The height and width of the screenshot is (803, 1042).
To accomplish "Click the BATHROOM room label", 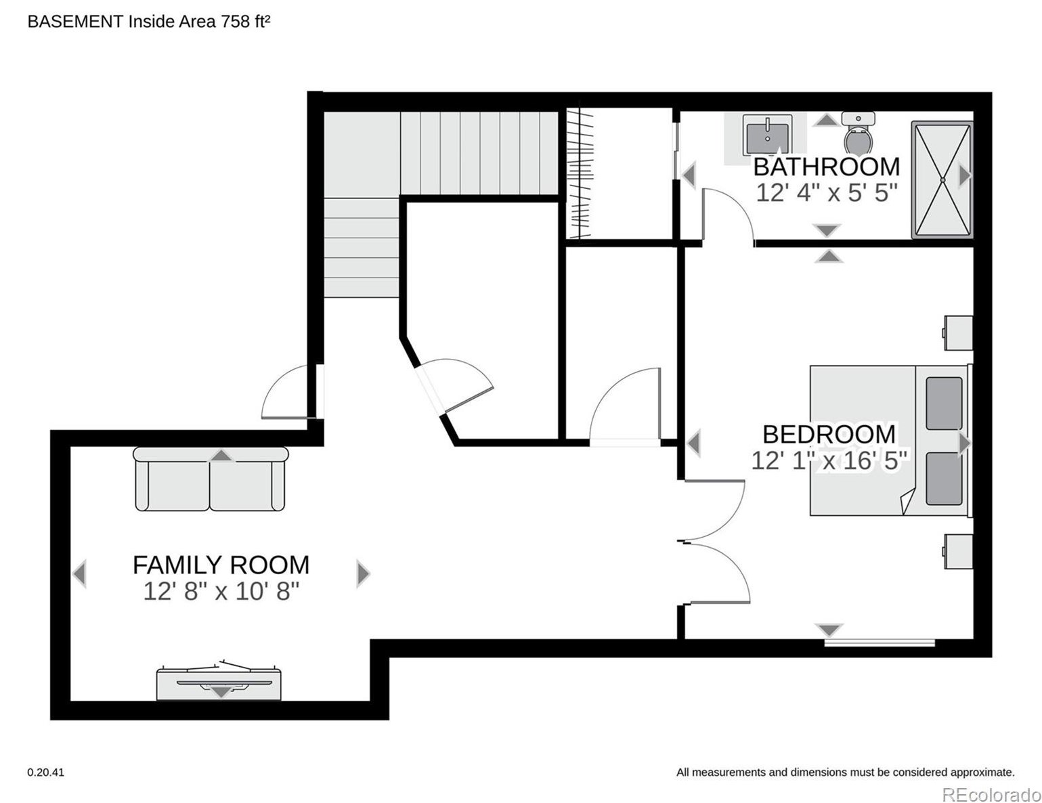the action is click(826, 167).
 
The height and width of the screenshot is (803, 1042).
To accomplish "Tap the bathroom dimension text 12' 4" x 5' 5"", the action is click(826, 193).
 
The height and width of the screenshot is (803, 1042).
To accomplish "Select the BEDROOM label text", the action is click(829, 435).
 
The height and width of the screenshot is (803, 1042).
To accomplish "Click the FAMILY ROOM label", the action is click(221, 565).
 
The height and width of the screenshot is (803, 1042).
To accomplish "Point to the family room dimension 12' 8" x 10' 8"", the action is click(221, 591).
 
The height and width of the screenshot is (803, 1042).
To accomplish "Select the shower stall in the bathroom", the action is click(942, 180).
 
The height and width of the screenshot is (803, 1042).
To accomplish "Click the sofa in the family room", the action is click(211, 479).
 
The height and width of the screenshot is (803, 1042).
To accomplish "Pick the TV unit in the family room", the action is click(219, 681).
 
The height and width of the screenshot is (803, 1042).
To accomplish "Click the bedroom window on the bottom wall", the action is click(880, 643).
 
